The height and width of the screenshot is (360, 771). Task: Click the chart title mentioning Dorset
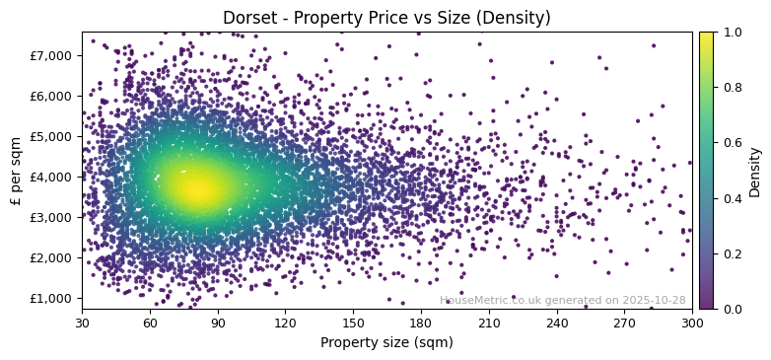click(386, 18)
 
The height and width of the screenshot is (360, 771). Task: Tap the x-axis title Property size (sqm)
click(386, 343)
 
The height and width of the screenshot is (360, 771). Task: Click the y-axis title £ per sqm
click(16, 171)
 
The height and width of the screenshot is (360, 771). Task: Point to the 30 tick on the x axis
click(82, 323)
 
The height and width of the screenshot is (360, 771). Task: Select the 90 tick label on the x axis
click(217, 323)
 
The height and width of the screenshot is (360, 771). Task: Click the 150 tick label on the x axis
click(353, 323)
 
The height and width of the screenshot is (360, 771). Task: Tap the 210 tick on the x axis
click(489, 323)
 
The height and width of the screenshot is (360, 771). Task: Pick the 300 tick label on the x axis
click(692, 323)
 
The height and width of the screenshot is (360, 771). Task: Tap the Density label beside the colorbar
click(755, 171)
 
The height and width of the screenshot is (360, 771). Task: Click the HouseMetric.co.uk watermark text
click(562, 300)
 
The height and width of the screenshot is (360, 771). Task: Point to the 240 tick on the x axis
click(557, 323)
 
